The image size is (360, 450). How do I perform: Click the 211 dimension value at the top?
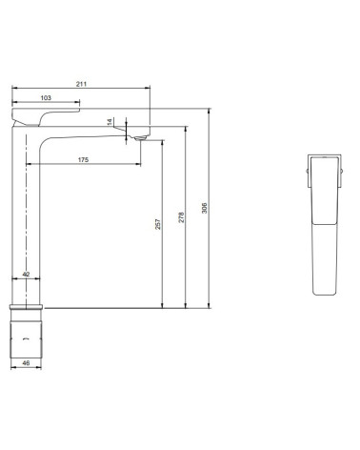tap(80, 85)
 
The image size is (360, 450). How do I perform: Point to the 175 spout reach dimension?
tap(85, 160)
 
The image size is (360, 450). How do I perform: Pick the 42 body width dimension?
tap(26, 275)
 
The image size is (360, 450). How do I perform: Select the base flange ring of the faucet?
tap(27, 309)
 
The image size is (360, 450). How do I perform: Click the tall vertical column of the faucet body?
tap(26, 219)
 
